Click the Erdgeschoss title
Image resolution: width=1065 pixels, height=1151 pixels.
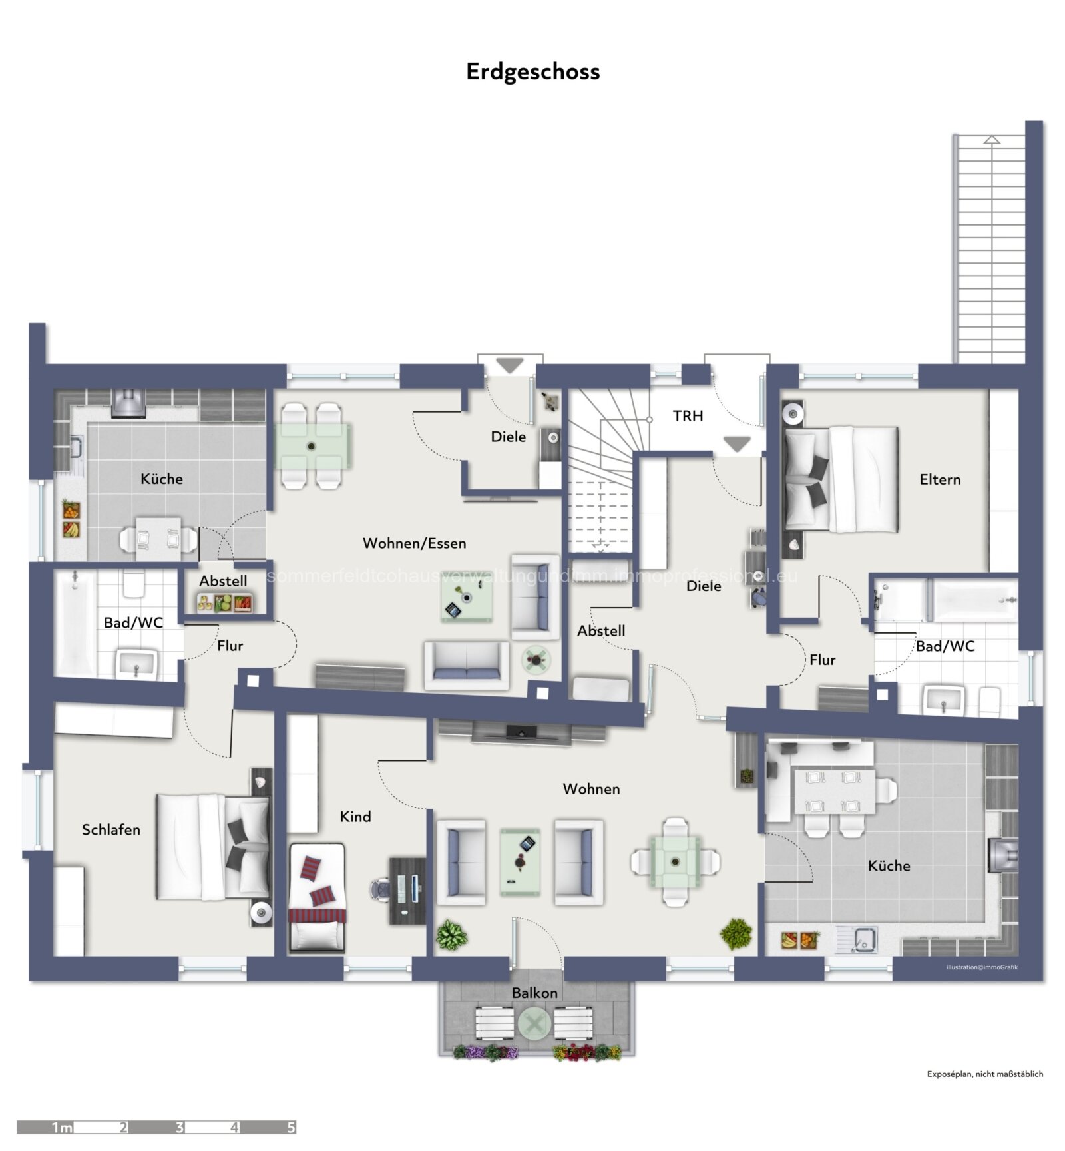[532, 72]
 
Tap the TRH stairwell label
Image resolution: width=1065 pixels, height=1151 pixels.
[688, 416]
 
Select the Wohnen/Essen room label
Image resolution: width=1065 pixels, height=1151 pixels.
[414, 543]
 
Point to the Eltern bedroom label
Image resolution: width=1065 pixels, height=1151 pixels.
[939, 479]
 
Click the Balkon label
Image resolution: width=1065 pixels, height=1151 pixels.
[534, 993]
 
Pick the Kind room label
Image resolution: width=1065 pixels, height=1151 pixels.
[355, 817]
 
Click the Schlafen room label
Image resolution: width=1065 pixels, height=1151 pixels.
[111, 829]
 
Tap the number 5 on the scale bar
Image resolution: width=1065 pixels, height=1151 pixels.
[291, 1128]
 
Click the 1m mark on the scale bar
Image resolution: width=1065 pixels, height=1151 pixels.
[62, 1128]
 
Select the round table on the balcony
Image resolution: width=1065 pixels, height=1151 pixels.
[534, 1023]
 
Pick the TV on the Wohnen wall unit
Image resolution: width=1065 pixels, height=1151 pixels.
[521, 732]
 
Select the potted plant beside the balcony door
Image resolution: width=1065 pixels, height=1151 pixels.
[451, 935]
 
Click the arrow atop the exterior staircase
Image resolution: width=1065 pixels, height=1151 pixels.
[991, 140]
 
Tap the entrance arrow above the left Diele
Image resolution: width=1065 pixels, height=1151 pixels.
[511, 365]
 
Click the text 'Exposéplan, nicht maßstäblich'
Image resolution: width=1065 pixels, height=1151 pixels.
[984, 1074]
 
